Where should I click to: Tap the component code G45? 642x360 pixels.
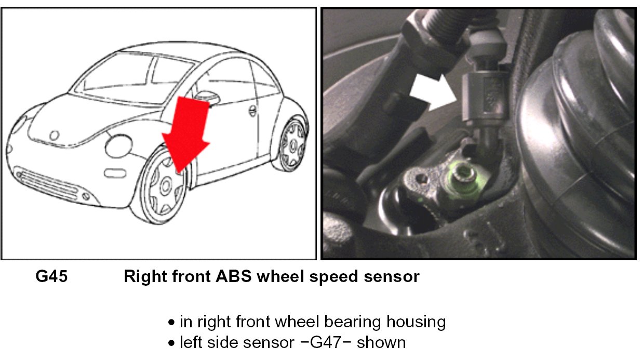pos(51,277)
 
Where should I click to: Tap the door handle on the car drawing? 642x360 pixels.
pos(252,111)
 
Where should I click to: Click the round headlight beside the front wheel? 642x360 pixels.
pos(118,146)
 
